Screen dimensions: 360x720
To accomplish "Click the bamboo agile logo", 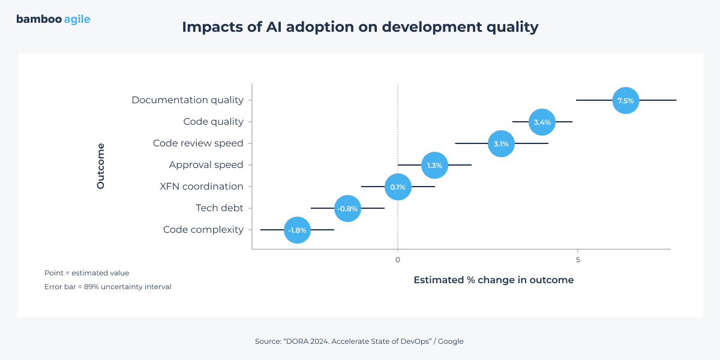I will pos(53,19).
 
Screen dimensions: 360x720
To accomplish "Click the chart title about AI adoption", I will pos(360,28).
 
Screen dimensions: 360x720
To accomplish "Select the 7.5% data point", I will pos(625,100).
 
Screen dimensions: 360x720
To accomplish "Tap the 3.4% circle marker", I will pos(542,122).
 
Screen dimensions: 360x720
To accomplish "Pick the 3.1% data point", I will pos(501,143).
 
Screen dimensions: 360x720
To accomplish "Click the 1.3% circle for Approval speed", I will pos(434,165).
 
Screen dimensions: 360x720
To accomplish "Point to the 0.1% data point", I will pos(398,187).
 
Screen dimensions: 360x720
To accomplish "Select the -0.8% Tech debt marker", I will pos(347,208).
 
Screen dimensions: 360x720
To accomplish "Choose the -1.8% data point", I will pos(297,230).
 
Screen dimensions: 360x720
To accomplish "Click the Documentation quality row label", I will pos(187,100).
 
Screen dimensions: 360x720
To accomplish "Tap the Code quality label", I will pos(213,122).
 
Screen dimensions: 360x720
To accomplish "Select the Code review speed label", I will pos(198,143).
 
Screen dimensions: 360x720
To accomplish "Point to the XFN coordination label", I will pos(202,187).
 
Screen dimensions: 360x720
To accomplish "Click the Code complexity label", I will pos(203,230).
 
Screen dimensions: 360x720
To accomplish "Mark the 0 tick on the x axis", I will pos(397,260).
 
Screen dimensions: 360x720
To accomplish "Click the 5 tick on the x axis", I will pos(578,260).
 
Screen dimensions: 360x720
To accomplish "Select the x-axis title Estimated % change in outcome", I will pos(493,280).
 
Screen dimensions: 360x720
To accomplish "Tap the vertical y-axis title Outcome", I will pos(101,166).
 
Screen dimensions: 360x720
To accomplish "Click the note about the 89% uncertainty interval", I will pos(108,287).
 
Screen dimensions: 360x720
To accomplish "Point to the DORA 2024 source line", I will pos(359,341).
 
